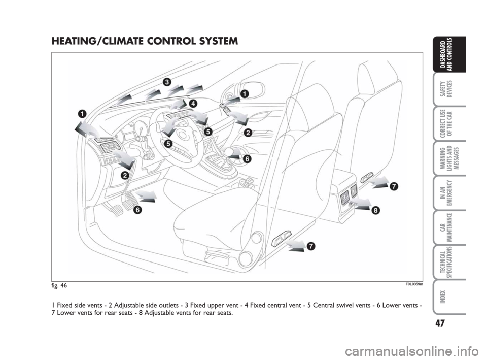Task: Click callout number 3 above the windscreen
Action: click(x=167, y=82)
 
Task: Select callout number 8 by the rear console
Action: click(x=375, y=210)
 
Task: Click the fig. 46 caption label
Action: click(x=59, y=285)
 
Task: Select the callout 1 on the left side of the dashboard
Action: click(x=82, y=113)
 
